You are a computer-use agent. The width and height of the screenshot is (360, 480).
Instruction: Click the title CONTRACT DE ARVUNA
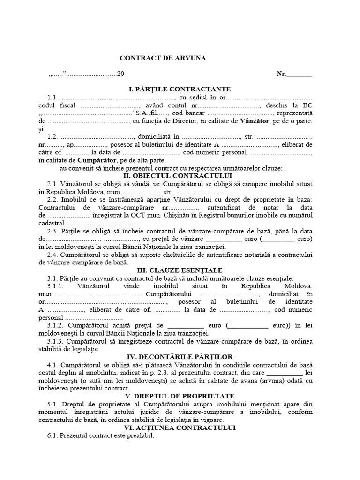(163, 58)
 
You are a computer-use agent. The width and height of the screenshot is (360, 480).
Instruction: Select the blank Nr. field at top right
(299, 74)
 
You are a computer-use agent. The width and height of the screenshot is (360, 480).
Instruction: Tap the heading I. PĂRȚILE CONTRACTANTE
(173, 89)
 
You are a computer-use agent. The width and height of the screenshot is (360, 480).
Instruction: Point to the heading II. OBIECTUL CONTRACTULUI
(173, 176)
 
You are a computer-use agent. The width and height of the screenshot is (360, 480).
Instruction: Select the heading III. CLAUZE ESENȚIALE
(173, 270)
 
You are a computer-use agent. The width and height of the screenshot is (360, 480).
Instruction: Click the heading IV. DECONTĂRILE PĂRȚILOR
(173, 357)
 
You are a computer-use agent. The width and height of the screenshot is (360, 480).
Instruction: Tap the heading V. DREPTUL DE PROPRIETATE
(173, 397)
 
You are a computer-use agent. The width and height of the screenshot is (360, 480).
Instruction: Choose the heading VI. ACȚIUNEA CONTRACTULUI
(173, 428)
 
